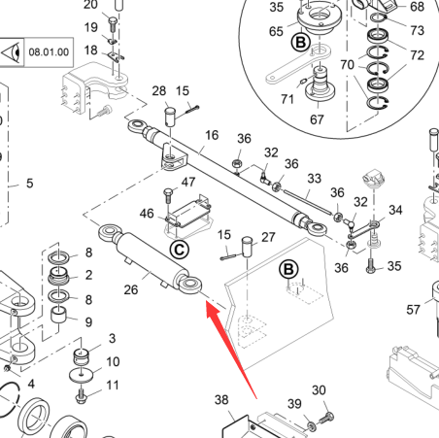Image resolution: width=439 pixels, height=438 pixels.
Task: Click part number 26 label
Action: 131,289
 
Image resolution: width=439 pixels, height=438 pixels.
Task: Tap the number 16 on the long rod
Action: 212,135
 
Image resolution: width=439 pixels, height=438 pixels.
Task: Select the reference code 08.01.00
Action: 49,52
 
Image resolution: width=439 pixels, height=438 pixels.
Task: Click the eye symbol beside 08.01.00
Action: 12,52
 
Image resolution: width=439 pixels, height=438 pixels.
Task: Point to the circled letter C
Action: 180,250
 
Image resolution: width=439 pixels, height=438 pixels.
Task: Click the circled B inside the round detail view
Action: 301,43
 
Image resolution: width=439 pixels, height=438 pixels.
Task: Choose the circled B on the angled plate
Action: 288,269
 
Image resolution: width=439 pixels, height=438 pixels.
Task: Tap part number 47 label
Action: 188,182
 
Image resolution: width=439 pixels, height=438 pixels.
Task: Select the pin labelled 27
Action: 247,247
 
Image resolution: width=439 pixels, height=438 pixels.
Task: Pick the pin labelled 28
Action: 170,117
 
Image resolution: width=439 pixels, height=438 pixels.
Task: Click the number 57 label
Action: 413,310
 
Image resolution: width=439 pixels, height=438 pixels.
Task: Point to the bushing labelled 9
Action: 58,315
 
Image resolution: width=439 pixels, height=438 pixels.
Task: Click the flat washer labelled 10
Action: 81,375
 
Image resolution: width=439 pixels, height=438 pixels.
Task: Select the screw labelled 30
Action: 326,418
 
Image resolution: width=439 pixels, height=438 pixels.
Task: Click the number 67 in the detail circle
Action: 317,119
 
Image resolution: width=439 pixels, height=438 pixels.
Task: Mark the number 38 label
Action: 221,400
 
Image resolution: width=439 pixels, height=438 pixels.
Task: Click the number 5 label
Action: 30,184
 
